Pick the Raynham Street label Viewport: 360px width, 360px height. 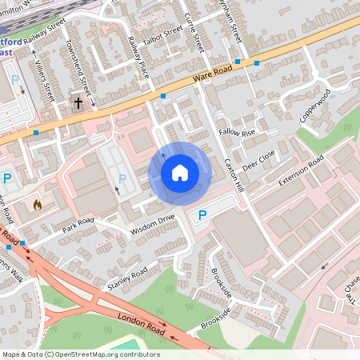pos(233,20)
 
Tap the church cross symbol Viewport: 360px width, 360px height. pos(78,103)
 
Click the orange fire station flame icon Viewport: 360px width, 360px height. pos(37,205)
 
